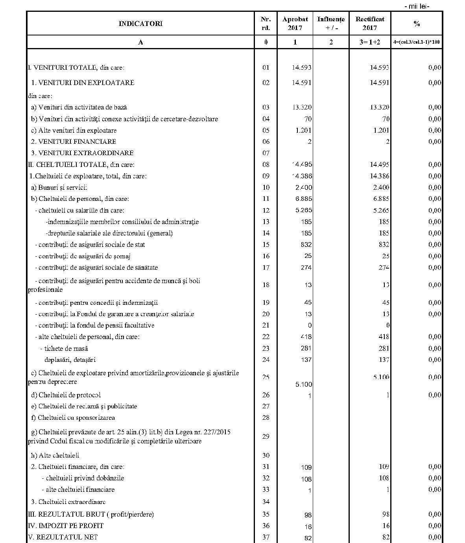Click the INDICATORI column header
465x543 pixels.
point(140,24)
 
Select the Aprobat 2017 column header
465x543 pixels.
point(295,23)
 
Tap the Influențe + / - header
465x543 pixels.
point(331,23)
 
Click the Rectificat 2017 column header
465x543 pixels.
point(370,23)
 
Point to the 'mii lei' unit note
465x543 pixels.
point(417,6)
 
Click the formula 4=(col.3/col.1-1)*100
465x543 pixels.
point(417,42)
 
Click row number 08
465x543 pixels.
point(266,165)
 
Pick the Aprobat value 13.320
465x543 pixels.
point(302,107)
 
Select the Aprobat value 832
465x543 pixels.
point(306,245)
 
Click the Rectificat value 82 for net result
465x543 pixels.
point(386,537)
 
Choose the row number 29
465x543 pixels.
point(266,436)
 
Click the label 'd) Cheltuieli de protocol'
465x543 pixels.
point(66,395)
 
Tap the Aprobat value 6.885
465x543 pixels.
point(303,199)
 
